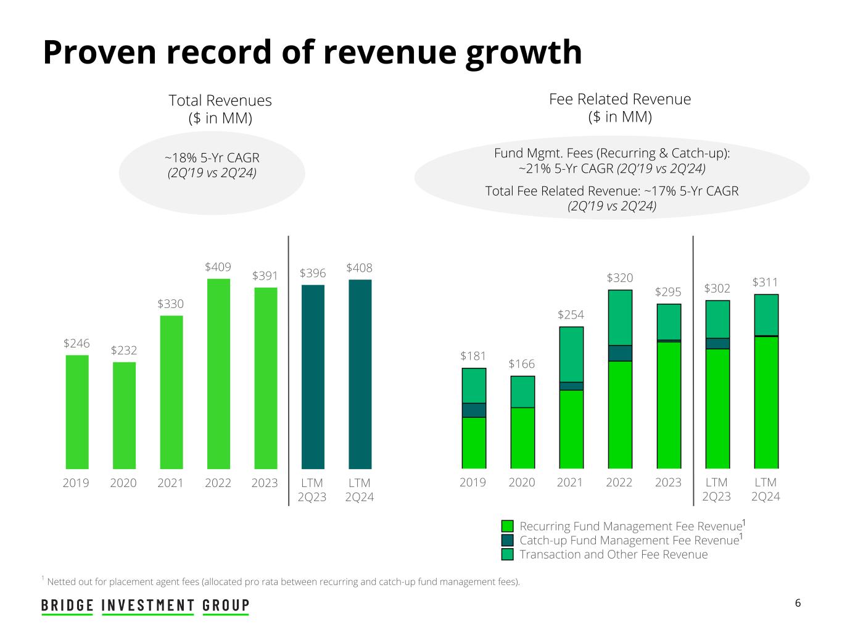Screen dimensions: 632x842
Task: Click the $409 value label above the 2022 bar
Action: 218,267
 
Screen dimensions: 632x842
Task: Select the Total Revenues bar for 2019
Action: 77,412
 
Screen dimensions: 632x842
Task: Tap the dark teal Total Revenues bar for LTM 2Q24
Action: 360,374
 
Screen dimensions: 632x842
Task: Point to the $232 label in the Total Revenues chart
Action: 124,351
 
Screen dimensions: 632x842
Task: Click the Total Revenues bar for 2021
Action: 171,392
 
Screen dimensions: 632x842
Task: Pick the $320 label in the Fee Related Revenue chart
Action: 620,278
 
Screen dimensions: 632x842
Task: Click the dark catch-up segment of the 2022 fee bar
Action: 620,353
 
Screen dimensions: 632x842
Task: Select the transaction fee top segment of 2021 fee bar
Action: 571,354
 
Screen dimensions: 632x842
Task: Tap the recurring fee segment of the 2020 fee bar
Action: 522,438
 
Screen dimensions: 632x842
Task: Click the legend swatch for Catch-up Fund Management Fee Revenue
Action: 508,540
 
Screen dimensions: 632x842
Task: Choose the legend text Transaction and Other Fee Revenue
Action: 614,554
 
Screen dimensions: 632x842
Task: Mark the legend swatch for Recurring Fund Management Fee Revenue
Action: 508,526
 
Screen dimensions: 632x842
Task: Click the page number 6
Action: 798,604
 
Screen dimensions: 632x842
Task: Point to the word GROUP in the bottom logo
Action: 226,605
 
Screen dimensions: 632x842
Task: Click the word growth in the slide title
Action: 524,52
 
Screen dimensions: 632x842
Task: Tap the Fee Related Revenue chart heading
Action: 620,99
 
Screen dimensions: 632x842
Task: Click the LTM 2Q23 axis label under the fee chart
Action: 717,489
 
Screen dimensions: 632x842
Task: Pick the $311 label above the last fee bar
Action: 766,283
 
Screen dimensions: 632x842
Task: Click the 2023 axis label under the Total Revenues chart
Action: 265,483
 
